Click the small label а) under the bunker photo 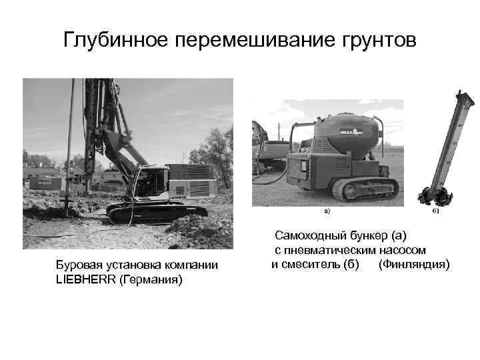pos(327,212)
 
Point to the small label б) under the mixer pos(435,212)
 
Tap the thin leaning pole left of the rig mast pos(69,147)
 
